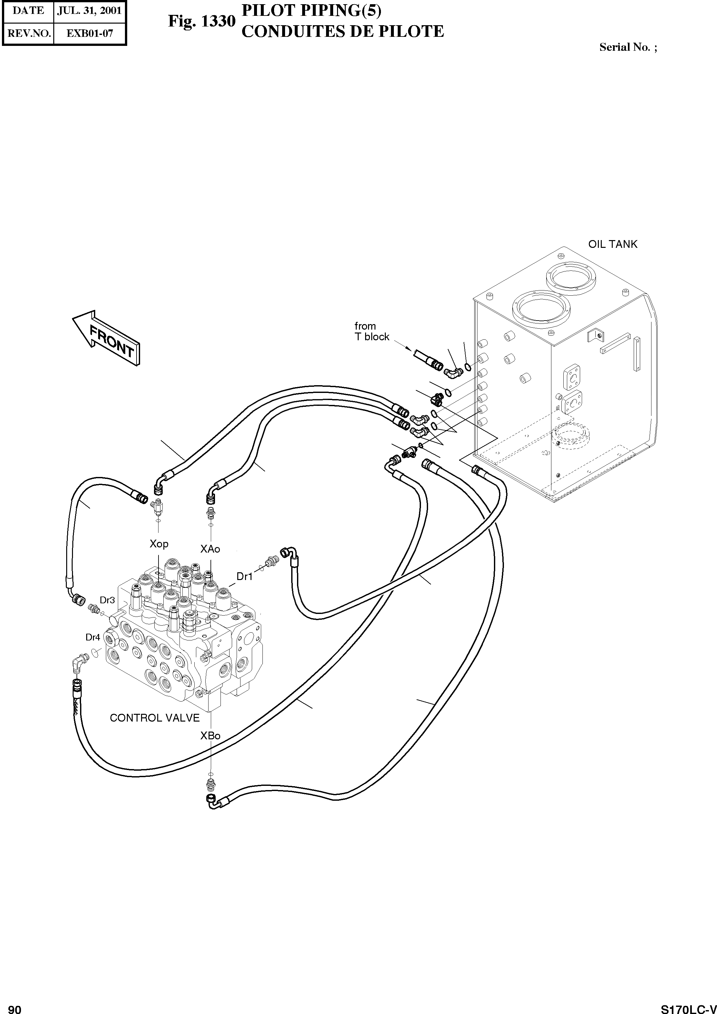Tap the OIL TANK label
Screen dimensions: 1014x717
(x=612, y=244)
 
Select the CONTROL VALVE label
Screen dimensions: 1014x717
(x=155, y=718)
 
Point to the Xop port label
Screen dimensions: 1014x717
(x=159, y=544)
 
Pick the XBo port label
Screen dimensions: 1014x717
(x=210, y=736)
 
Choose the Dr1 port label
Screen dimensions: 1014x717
(x=244, y=576)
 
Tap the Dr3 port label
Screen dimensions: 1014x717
(x=107, y=600)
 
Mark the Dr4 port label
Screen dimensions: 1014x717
(x=93, y=637)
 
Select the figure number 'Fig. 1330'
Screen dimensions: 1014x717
(x=201, y=21)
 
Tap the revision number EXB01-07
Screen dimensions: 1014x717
(x=90, y=33)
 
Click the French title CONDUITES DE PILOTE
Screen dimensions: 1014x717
(x=342, y=32)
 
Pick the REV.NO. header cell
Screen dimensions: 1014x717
(x=29, y=33)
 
